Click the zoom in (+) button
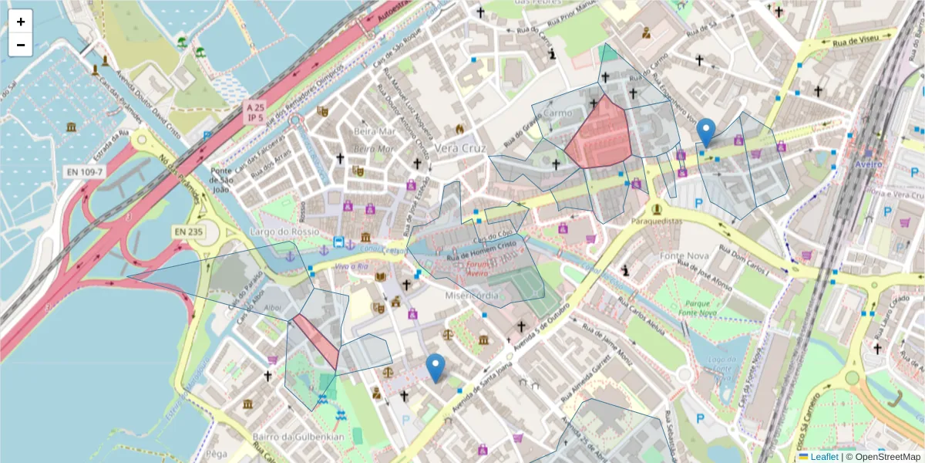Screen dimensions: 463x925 coord(21,22)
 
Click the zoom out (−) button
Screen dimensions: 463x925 coord(21,45)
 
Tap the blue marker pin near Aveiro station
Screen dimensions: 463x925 coord(705,132)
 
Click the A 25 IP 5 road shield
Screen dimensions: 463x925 coord(254,112)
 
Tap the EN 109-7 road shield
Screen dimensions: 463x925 coord(84,171)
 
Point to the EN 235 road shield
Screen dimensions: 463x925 coord(188,231)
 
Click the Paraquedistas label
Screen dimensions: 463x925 coord(657,221)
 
